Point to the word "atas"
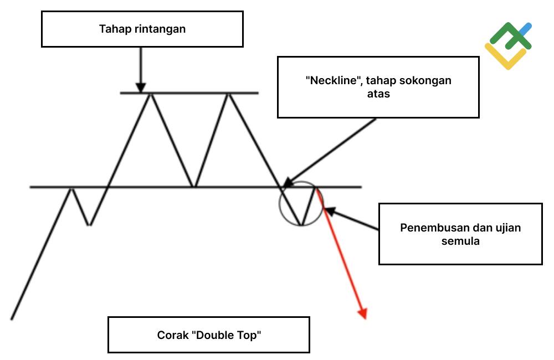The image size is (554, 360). tap(378, 94)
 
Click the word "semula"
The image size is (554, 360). tap(460, 241)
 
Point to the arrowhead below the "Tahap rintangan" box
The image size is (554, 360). tap(141, 88)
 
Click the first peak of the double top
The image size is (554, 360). tap(151, 94)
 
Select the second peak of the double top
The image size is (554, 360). tap(229, 94)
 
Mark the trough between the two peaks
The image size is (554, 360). tap(193, 186)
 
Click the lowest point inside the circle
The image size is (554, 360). tap(301, 224)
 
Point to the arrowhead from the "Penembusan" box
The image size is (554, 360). tap(330, 211)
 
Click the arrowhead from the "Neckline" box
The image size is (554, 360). tap(288, 182)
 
